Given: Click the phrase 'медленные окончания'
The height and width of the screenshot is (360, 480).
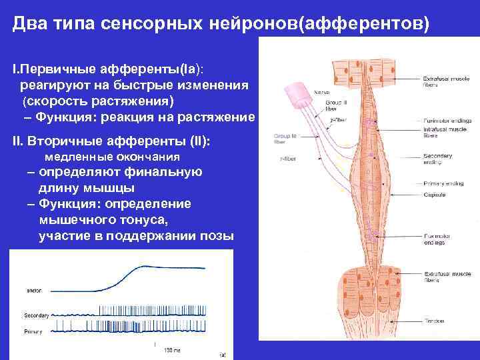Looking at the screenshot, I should [112, 157].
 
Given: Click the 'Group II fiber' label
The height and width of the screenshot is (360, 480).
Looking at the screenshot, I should [331, 106].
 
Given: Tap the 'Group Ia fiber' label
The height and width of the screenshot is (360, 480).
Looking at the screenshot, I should [284, 138].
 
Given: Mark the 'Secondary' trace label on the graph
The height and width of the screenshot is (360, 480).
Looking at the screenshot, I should [36, 315].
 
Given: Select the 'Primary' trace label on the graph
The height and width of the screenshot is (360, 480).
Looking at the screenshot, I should [33, 330].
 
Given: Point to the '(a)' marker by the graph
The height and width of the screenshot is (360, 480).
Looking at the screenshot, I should [222, 354].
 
